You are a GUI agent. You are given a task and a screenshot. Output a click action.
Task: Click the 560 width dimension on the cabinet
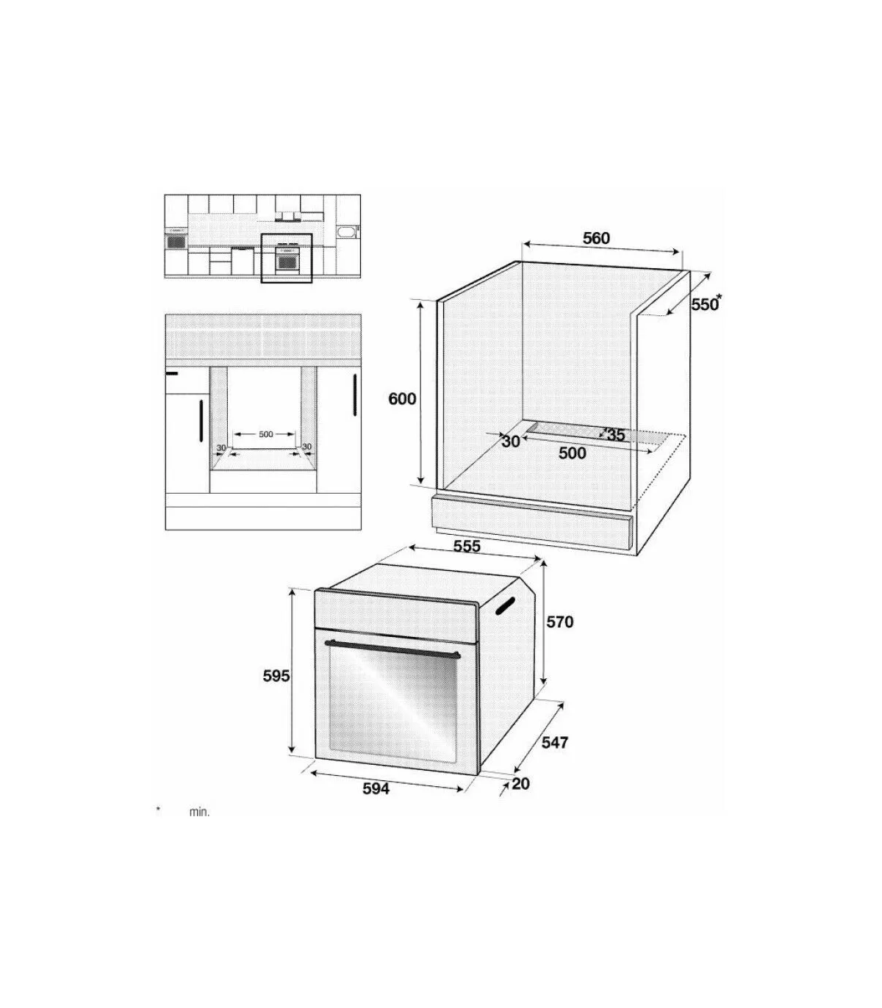tap(596, 239)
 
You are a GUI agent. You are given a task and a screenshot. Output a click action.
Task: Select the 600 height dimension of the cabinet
tap(402, 398)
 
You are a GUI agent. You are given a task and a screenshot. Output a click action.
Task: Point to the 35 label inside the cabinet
tap(615, 435)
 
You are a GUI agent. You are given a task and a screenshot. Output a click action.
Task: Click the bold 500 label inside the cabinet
tap(572, 453)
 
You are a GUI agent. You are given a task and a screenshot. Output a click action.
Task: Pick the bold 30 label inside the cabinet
tap(511, 442)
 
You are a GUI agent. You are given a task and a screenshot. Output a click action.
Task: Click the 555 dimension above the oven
tap(466, 547)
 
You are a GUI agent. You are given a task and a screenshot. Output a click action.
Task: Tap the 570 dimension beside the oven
tap(560, 622)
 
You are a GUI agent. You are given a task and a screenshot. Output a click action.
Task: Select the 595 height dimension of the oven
tap(276, 677)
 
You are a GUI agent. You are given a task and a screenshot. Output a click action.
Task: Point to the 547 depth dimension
tap(555, 756)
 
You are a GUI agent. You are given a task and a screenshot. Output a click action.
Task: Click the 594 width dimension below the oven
tap(376, 802)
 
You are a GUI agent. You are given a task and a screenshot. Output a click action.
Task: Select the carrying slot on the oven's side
tap(504, 605)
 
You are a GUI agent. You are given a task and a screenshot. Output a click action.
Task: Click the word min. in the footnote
tap(200, 827)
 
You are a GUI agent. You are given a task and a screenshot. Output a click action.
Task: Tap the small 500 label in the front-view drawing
tap(265, 434)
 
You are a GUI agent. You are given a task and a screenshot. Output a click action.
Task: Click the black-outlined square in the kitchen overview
tap(286, 259)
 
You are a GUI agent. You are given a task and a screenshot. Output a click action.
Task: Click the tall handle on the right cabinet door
tap(354, 395)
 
